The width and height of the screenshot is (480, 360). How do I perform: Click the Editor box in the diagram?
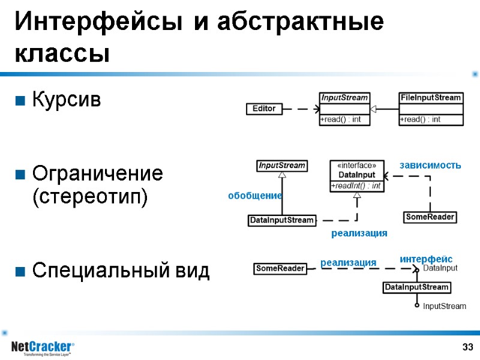click(x=264, y=109)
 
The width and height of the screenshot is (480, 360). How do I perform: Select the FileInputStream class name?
click(x=431, y=97)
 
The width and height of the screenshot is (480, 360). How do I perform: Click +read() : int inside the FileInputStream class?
click(x=420, y=119)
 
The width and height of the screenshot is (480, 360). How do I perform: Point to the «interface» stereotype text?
click(x=357, y=166)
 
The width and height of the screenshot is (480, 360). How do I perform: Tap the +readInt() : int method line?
click(x=356, y=186)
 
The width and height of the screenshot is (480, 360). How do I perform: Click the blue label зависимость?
click(x=430, y=165)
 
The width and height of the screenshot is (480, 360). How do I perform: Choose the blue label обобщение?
click(x=254, y=196)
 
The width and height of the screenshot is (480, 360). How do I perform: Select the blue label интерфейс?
click(x=426, y=259)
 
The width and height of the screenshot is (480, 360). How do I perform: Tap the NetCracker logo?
click(x=42, y=347)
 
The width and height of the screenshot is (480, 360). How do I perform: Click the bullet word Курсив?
click(x=67, y=99)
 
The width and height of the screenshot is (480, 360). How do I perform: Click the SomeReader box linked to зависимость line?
click(x=430, y=217)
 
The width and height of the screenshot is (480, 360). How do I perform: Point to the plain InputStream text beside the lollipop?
click(x=444, y=307)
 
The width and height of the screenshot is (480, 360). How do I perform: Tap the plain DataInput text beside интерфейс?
click(x=440, y=269)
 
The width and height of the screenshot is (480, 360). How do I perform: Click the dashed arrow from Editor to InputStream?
click(x=300, y=109)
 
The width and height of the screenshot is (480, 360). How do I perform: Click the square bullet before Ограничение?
click(x=20, y=175)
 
